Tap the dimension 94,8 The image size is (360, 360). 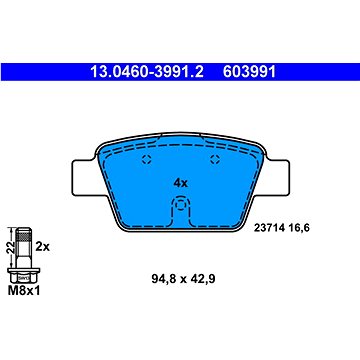(149, 278)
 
